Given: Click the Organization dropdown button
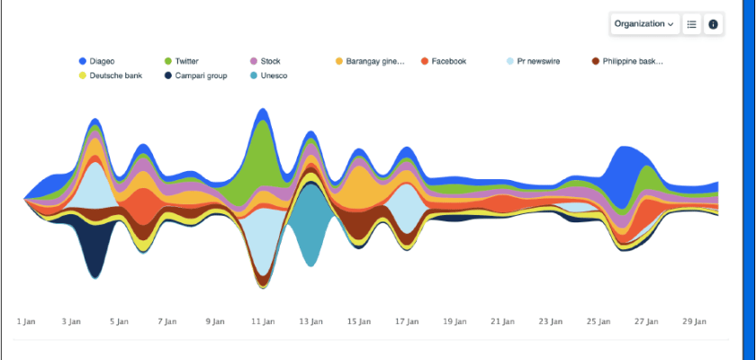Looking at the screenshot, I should coord(644,24).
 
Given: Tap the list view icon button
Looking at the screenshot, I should coord(692,24).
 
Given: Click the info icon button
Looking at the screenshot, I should coord(713,24).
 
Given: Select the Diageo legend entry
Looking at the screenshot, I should coord(101,61).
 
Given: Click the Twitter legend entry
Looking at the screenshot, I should coord(185,61).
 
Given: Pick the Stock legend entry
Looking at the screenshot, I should coord(269,61).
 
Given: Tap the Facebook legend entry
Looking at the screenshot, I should coord(447,61).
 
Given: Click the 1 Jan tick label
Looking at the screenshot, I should coord(26,320).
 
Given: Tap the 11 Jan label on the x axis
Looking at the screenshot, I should coord(262,320).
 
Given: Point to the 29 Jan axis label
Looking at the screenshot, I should coord(693,320).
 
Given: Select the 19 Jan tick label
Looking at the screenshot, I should coord(453,320).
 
